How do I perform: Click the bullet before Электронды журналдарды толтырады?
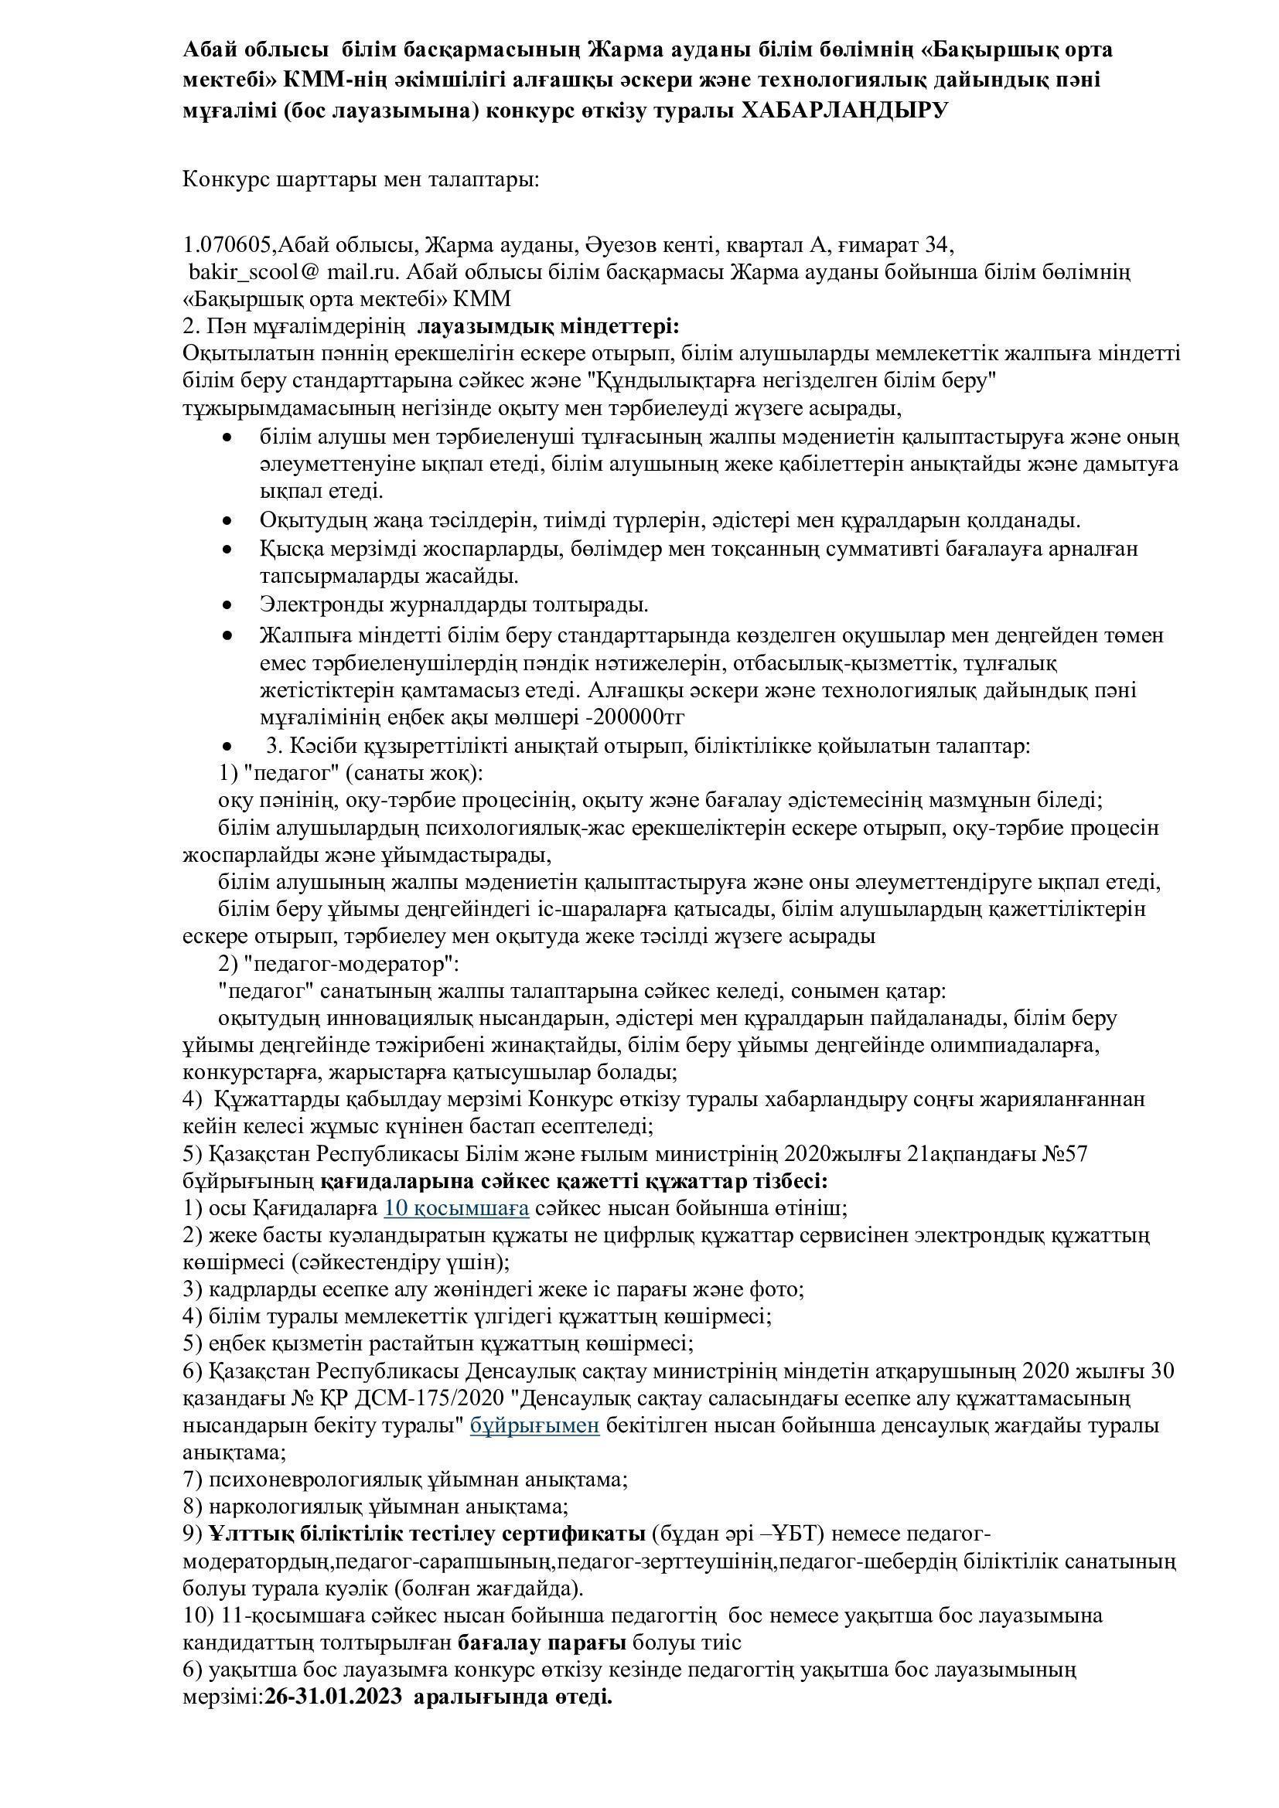[228, 605]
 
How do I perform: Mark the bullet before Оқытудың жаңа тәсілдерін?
[228, 520]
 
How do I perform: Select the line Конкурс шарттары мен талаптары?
[361, 179]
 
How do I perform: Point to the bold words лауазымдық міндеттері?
[548, 326]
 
